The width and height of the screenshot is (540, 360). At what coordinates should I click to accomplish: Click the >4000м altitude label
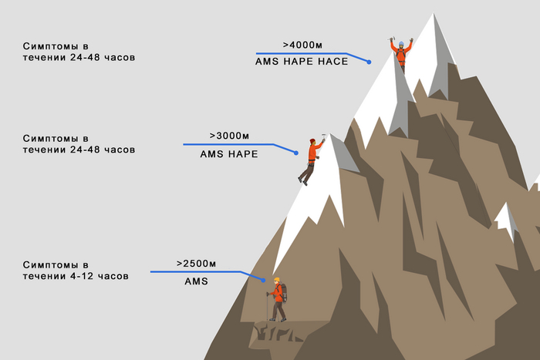(302, 45)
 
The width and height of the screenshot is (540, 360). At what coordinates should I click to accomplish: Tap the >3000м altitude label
(229, 136)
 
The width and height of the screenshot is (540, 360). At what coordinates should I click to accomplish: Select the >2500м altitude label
(196, 264)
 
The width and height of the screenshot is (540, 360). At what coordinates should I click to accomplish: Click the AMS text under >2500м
(196, 281)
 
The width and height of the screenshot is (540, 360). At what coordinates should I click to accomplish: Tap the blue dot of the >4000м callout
(369, 62)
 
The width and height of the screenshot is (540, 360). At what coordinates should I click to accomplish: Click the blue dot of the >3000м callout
(296, 153)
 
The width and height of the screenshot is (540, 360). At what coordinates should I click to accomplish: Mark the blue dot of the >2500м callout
(264, 281)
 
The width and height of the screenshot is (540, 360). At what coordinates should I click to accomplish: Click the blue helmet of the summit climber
(401, 44)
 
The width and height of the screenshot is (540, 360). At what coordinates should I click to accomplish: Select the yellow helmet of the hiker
(276, 280)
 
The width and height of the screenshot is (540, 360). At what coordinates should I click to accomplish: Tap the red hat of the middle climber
(312, 141)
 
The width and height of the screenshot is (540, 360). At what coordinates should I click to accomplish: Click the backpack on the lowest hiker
(283, 292)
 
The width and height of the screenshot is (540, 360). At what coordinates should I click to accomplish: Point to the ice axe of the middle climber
(323, 137)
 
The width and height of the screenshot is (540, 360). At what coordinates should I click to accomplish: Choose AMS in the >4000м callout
(267, 62)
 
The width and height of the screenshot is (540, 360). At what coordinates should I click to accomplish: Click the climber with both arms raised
(401, 55)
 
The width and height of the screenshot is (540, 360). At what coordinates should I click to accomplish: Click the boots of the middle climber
(302, 181)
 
